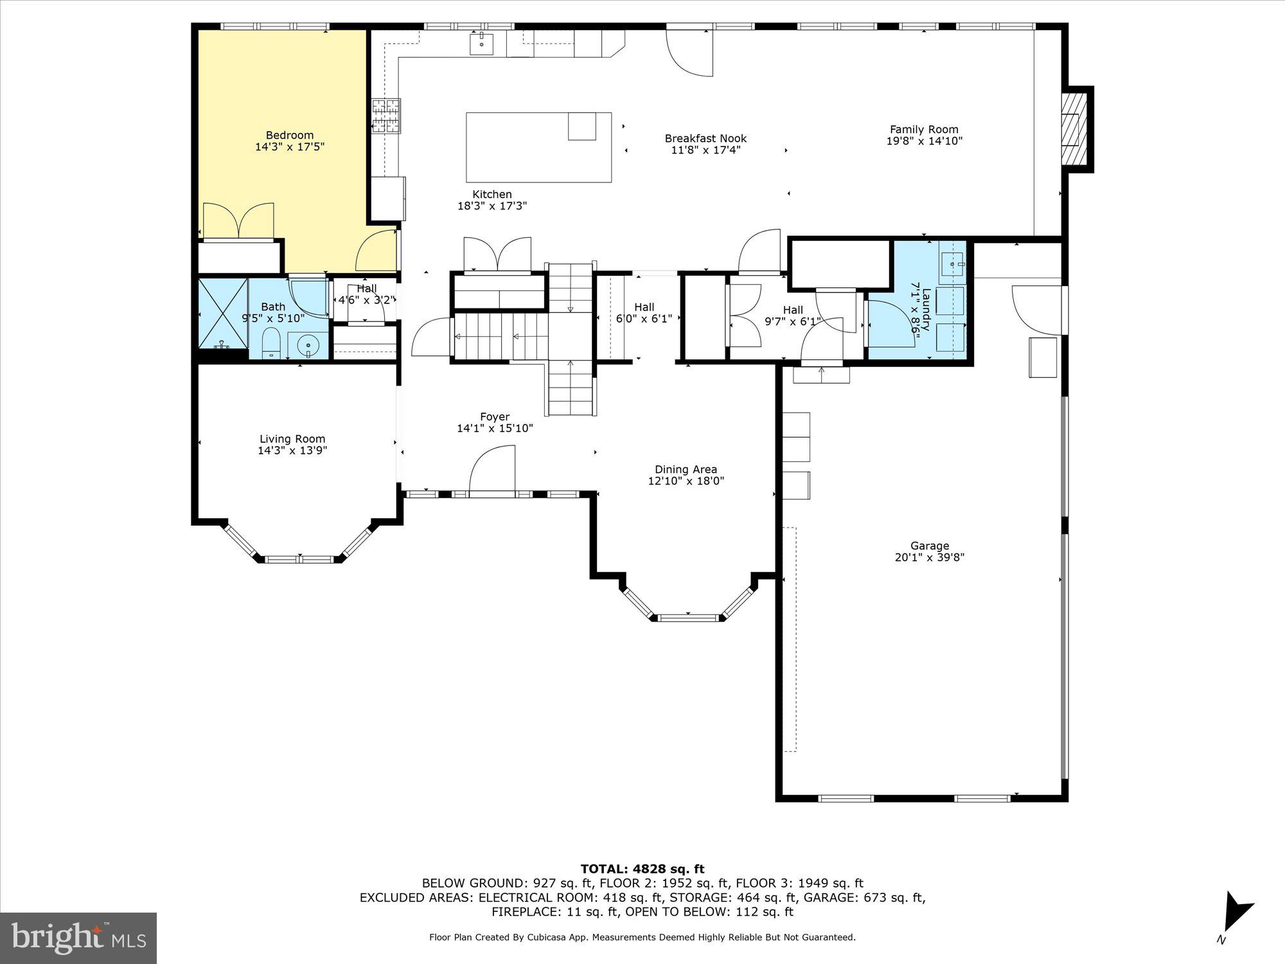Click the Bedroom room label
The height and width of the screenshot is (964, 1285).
click(290, 135)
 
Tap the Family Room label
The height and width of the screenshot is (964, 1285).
click(924, 129)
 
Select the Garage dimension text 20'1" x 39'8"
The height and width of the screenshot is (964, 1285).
click(930, 558)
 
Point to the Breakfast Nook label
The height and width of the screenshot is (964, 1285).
click(705, 138)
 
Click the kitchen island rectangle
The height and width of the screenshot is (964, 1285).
click(538, 147)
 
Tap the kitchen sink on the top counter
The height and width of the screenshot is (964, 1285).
click(481, 44)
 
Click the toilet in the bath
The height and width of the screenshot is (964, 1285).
click(272, 343)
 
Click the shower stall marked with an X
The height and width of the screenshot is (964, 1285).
click(222, 313)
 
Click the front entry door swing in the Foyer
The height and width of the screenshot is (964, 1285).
click(493, 470)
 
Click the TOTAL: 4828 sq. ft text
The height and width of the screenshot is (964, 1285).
click(642, 870)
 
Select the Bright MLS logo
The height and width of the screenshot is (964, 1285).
click(78, 938)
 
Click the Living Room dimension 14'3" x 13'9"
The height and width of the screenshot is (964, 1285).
click(292, 451)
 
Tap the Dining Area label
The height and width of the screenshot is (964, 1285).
click(686, 469)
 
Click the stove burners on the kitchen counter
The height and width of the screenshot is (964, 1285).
click(386, 116)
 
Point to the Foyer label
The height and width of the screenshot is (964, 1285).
click(495, 416)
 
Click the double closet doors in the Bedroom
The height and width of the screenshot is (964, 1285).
click(238, 220)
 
